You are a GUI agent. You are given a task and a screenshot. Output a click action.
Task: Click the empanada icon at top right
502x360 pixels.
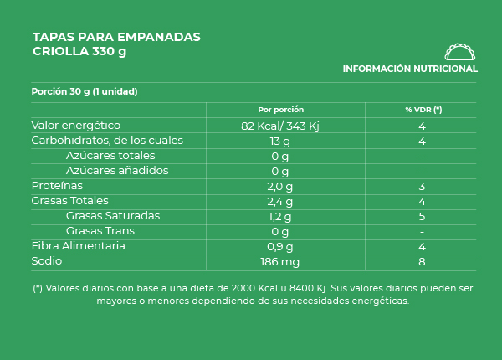pos(459,50)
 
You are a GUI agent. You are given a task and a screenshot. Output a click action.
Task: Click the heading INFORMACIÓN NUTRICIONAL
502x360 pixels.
pos(410,69)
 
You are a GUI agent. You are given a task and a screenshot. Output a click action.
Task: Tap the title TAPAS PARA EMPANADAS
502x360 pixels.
pos(116,37)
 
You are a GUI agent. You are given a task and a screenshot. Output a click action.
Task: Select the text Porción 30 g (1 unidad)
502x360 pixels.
pos(84,92)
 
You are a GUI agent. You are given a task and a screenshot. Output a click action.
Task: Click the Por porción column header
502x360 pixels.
pos(280,110)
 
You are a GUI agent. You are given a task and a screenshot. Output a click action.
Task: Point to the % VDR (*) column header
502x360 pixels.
pos(423,110)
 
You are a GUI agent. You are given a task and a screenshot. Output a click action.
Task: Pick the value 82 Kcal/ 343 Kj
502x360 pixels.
pos(280,126)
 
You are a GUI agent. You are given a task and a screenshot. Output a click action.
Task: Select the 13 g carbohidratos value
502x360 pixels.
pos(280,141)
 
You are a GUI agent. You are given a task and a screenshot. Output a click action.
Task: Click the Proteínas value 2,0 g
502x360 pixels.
pos(280,186)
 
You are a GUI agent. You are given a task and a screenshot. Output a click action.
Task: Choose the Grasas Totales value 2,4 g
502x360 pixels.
pos(280,201)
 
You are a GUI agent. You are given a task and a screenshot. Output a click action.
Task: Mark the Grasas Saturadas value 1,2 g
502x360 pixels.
pos(280,216)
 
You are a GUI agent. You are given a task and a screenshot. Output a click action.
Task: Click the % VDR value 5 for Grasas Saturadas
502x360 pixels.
pos(423,216)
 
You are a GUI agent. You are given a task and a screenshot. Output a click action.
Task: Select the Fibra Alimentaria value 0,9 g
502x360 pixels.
pos(280,246)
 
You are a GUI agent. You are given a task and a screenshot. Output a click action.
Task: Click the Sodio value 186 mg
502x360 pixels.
pos(280,261)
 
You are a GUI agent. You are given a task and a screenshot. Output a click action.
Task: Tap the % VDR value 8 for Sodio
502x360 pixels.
pos(423,261)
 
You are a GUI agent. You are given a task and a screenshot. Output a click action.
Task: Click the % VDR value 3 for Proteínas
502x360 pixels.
pos(423,186)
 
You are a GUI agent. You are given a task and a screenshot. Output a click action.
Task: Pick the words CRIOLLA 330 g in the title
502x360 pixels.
pos(79,51)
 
